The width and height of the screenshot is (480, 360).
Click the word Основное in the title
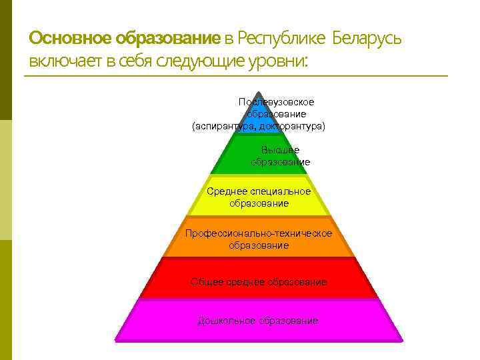[71, 37]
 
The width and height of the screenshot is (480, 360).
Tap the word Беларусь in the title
[365, 37]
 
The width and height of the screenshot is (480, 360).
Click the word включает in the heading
[63, 62]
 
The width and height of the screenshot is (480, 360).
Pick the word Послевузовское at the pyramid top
[276, 102]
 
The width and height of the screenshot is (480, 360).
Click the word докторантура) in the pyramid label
[295, 126]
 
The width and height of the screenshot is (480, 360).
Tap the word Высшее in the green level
[280, 150]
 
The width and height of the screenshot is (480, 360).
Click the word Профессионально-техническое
[259, 233]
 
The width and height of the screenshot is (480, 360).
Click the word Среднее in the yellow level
[227, 191]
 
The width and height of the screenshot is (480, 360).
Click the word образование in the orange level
[259, 245]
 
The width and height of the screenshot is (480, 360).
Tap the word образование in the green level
[280, 162]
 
